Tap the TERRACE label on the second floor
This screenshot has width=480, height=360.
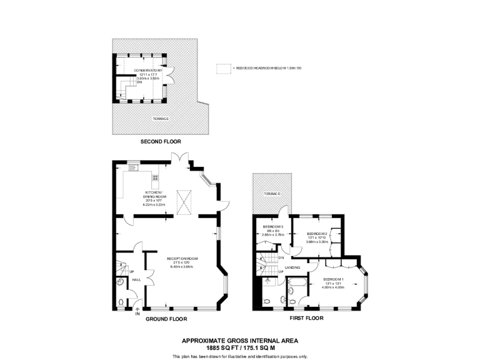coord(161,118)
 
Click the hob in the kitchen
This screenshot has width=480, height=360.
coord(155,177)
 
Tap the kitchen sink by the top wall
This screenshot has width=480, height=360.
coord(132,166)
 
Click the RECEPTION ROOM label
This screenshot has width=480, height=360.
coord(182,257)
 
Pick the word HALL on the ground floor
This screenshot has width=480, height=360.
coord(136,280)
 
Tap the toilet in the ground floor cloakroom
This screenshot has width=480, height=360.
coord(120,282)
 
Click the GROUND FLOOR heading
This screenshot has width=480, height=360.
coord(166,319)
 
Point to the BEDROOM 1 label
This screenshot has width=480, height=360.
coord(333,279)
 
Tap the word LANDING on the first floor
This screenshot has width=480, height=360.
coord(292,267)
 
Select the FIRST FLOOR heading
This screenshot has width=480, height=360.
coord(306,319)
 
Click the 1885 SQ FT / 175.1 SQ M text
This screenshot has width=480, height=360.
coord(240,347)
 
